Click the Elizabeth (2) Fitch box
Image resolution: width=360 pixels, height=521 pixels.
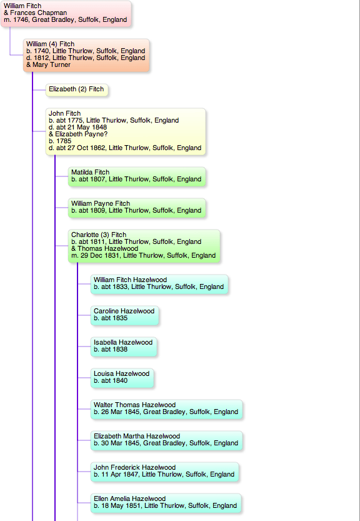point(77,89)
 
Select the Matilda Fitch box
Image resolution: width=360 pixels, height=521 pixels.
point(137,176)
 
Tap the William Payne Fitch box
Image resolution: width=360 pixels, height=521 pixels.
point(137,208)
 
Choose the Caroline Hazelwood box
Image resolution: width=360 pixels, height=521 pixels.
point(124,315)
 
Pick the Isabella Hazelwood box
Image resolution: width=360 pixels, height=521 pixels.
point(124,346)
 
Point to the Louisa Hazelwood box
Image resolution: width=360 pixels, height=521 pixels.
point(122,378)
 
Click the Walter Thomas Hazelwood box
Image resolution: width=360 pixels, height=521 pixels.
point(166,409)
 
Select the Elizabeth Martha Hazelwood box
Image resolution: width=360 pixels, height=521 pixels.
point(166,440)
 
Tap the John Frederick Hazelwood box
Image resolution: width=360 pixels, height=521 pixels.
point(164,472)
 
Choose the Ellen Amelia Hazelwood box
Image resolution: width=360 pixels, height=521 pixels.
point(166,503)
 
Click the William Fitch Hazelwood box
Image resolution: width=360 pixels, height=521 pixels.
point(159,284)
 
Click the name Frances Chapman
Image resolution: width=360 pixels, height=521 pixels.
point(39,13)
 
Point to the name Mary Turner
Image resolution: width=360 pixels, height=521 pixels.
point(51,65)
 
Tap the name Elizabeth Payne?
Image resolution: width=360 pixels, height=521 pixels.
point(81,134)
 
